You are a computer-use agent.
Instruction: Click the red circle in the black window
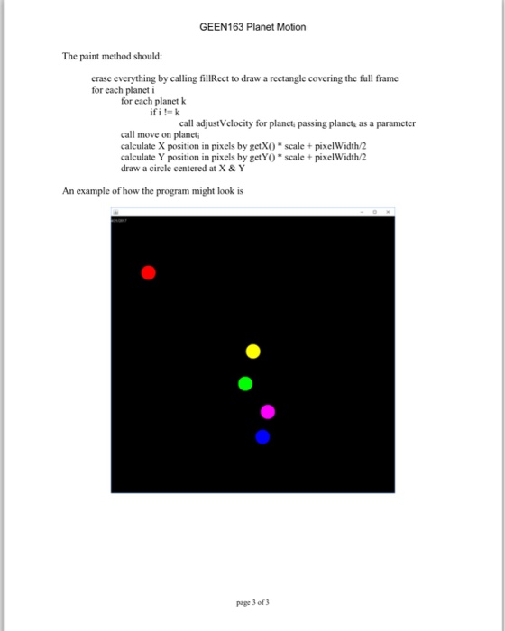[x=149, y=272]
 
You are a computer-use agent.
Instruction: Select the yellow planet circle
[x=253, y=351]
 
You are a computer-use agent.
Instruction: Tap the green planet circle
[x=245, y=383]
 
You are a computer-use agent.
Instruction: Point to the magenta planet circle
[x=268, y=412]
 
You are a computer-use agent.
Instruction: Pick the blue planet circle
[x=262, y=437]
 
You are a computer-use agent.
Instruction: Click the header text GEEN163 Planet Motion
[x=252, y=26]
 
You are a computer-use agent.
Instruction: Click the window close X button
[x=389, y=210]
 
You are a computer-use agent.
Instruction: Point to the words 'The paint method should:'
[x=111, y=57]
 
